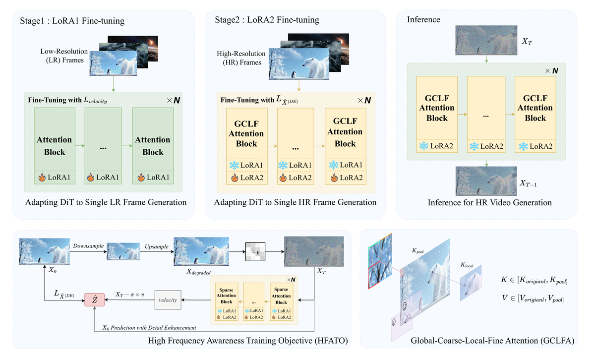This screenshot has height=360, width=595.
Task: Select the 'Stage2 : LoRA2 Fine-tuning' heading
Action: [x=267, y=20]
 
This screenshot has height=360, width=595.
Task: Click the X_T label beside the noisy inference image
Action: [x=528, y=43]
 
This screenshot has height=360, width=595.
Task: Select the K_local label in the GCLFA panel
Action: [x=467, y=266]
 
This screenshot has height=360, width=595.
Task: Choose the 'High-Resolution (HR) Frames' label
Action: [x=239, y=57]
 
